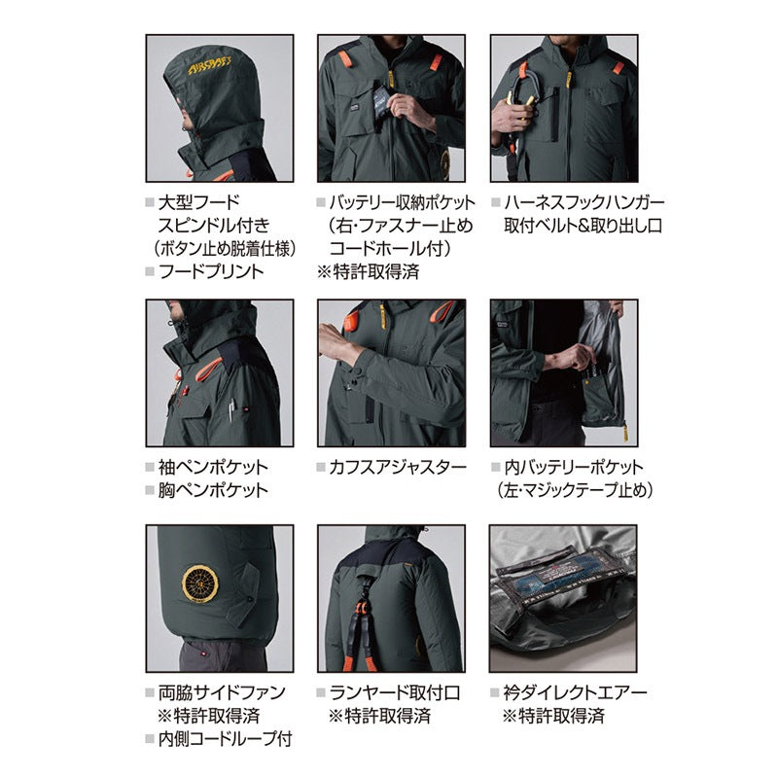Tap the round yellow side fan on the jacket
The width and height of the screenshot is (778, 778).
coord(200,583)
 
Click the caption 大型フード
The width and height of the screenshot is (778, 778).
coord(199,202)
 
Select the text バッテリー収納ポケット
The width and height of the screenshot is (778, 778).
coord(402,202)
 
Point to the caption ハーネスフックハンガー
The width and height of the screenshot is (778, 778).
coord(584,202)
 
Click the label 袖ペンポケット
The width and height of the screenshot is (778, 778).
coord(213,467)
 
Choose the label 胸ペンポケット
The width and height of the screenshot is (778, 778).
coord(213,490)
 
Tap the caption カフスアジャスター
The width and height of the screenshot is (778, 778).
coord(398,467)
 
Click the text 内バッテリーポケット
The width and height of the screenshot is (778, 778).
coord(574,467)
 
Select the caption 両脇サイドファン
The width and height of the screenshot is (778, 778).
coord(222,692)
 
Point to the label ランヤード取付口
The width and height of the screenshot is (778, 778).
coord(395,692)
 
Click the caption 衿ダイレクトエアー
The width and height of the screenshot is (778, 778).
coord(576,692)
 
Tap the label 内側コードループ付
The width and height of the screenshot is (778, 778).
coord(226,739)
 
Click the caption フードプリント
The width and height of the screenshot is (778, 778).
coord(211,271)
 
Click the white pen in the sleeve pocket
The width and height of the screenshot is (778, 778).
coord(231,411)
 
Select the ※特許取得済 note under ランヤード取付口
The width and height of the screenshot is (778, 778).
coord(379,716)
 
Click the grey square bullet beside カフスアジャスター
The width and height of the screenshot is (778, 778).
coord(321,467)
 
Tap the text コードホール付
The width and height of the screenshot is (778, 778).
coord(391,248)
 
